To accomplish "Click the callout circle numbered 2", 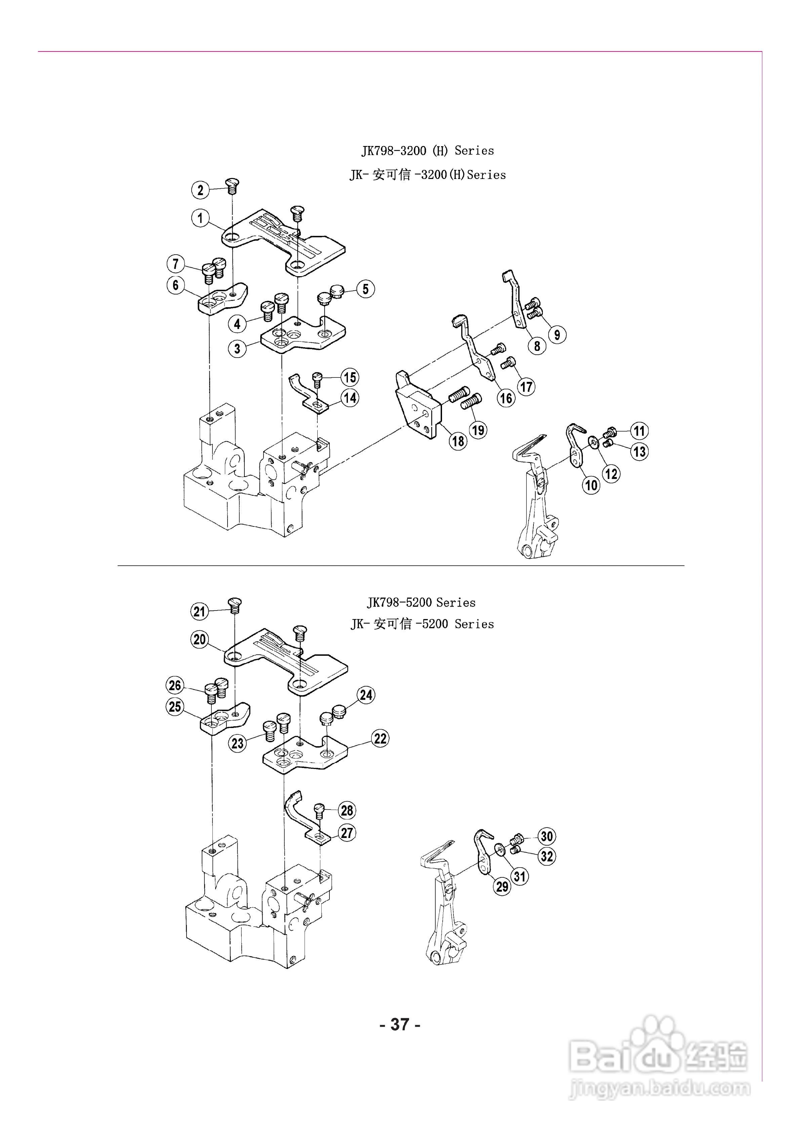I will coord(200,190).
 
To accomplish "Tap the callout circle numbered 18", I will coord(458,441).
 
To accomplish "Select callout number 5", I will coord(365,289).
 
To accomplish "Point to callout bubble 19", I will coord(478,430).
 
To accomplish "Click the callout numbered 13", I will coord(640,451).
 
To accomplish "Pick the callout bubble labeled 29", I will coord(502,887).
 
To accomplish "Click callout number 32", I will coord(547,856).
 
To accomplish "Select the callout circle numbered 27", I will coord(347,833).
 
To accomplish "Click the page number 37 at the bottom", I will coord(400,1024).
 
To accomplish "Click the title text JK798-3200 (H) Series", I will coord(428,150).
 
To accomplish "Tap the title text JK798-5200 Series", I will coord(421,602).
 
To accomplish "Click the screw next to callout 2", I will coord(232,186).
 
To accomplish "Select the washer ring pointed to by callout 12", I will coord(594,442).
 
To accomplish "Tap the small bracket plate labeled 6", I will coord(222,298).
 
